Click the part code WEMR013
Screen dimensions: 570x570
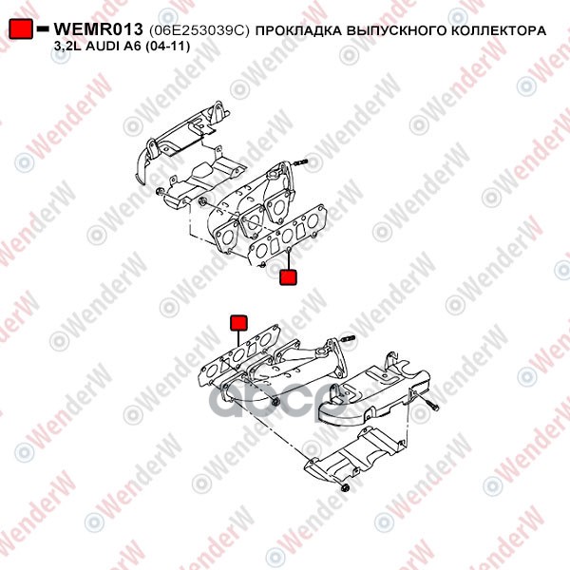98,29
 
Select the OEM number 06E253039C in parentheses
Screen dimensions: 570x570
199,30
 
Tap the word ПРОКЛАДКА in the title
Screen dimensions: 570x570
299,30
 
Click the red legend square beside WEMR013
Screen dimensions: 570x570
21,28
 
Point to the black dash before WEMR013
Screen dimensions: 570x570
43,28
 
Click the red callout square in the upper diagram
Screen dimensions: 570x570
288,277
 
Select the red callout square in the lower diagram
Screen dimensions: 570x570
238,323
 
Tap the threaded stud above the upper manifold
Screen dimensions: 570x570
300,161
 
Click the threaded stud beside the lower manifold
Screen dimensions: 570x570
348,339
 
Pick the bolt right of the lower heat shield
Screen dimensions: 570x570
432,405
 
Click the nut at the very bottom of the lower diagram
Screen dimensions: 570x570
345,486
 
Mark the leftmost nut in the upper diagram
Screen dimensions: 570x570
159,191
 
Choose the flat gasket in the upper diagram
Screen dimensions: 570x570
288,236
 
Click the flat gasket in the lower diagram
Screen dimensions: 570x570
240,355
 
